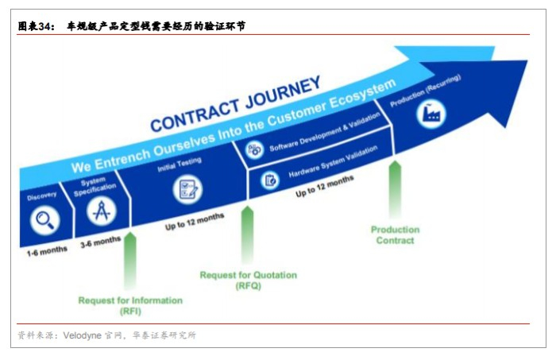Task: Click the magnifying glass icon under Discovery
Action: [44, 219]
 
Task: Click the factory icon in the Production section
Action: [431, 114]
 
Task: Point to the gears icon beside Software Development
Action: [255, 148]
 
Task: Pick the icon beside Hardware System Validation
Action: [270, 179]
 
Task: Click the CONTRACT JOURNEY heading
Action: [235, 104]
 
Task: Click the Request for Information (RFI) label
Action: [130, 306]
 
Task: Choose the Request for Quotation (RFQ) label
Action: [248, 281]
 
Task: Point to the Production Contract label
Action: [395, 235]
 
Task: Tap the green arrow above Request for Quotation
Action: [247, 234]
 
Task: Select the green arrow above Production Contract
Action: [394, 189]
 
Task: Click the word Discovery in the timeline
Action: [41, 195]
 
